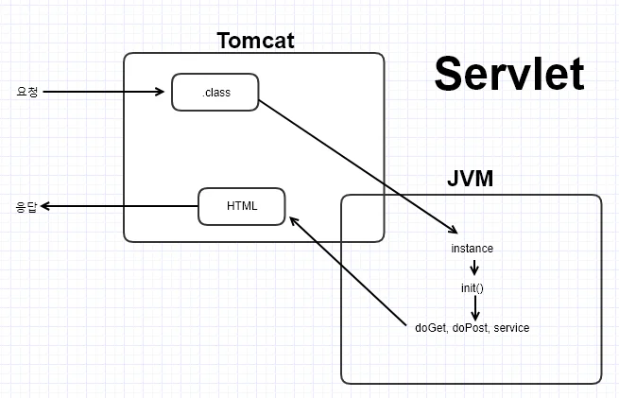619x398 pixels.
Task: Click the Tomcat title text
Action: pyautogui.click(x=255, y=41)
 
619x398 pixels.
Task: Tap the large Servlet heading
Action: pyautogui.click(x=508, y=74)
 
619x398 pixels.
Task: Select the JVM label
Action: pyautogui.click(x=471, y=179)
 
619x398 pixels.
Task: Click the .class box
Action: pyautogui.click(x=215, y=92)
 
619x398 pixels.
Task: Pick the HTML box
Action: pyautogui.click(x=242, y=206)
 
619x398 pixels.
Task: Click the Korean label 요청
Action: pyautogui.click(x=27, y=92)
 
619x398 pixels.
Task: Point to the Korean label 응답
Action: pyautogui.click(x=26, y=206)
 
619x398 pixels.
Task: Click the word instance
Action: pyautogui.click(x=473, y=249)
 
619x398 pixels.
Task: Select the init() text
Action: pyautogui.click(x=473, y=288)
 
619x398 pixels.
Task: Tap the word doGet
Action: pyautogui.click(x=431, y=328)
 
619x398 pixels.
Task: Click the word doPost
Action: pyautogui.click(x=471, y=328)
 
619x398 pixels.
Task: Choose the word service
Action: pyautogui.click(x=511, y=328)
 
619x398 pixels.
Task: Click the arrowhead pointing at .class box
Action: pyautogui.click(x=160, y=92)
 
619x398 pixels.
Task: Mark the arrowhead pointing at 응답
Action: pyautogui.click(x=45, y=206)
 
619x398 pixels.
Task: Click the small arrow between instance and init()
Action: pyautogui.click(x=474, y=268)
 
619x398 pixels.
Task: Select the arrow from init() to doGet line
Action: pyautogui.click(x=475, y=308)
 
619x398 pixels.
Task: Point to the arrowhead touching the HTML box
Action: pyautogui.click(x=294, y=221)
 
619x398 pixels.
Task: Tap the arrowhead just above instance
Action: pyautogui.click(x=454, y=230)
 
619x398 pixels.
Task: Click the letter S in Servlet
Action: pyautogui.click(x=446, y=74)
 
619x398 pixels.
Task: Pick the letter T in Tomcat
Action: pyautogui.click(x=225, y=41)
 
